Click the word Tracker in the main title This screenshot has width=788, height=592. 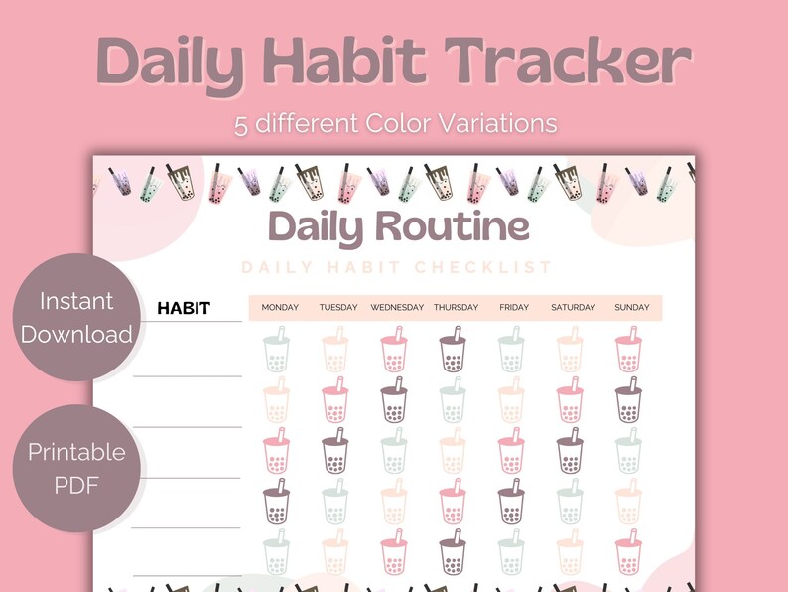(568, 61)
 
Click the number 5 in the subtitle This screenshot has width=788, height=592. (241, 125)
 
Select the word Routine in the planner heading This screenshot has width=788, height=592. (453, 226)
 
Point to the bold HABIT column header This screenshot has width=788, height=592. (184, 308)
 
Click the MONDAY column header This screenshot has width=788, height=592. (280, 307)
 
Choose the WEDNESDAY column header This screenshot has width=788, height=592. (397, 307)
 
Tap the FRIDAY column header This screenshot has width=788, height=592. (514, 307)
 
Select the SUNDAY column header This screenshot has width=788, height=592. (632, 307)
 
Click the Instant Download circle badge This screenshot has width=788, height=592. (76, 318)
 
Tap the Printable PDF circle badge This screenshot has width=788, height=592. (76, 468)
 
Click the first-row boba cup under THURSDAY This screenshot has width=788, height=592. (453, 349)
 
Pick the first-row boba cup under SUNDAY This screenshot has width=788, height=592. (628, 349)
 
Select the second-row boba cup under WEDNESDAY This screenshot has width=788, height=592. (394, 400)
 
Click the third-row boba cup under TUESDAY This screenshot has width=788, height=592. (335, 450)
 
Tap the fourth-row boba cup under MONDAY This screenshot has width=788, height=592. (277, 501)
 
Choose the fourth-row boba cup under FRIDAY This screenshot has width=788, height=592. (511, 501)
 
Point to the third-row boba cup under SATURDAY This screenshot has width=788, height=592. (570, 450)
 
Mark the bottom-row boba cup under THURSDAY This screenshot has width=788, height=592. (453, 551)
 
